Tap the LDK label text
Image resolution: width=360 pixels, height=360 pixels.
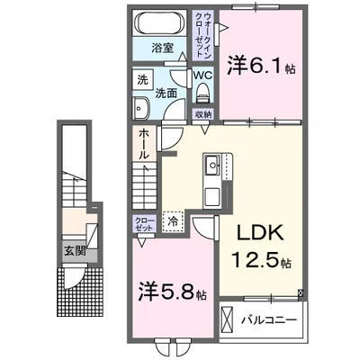(259, 233)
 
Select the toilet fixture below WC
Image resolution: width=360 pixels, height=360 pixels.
(203, 93)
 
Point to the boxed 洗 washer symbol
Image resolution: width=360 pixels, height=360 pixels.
(142, 79)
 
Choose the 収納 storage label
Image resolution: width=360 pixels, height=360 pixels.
(203, 114)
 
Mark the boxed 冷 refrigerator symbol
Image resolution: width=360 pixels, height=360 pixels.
(171, 218)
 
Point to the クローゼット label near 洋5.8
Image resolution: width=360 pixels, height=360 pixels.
(145, 222)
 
